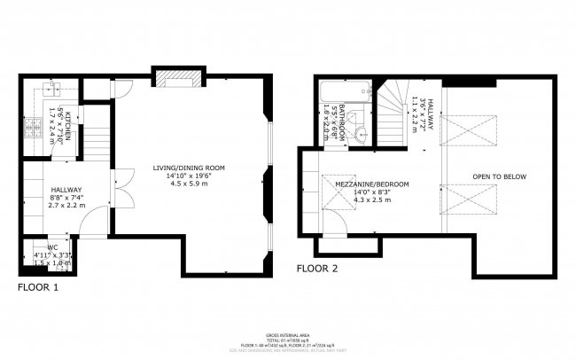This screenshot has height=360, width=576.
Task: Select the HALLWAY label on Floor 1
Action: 66,190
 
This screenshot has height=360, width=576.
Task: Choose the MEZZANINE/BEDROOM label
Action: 371,184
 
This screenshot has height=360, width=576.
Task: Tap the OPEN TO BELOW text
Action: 499,176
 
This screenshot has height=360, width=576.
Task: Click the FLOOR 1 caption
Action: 38,287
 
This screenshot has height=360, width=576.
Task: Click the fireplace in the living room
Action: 178,81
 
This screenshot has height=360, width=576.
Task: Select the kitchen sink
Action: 48,88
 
